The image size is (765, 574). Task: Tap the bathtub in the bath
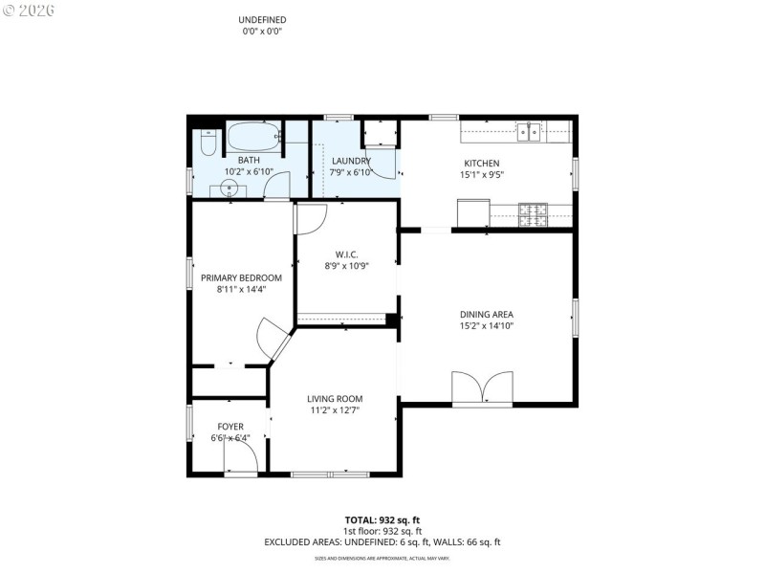(253, 136)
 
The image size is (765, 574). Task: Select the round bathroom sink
(229, 188)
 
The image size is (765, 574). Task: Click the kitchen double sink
(529, 131)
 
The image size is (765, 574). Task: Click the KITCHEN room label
(481, 164)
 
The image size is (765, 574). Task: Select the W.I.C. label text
(345, 254)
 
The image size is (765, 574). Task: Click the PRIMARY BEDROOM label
(241, 277)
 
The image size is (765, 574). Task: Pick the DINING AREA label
(487, 314)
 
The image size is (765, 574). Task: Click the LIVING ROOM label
(335, 399)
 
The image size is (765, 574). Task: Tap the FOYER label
(229, 427)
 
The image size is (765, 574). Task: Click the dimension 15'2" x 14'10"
(487, 326)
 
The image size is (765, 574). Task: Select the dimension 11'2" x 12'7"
(335, 411)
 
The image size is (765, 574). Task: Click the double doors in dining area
(482, 389)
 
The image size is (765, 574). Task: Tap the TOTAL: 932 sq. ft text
(382, 519)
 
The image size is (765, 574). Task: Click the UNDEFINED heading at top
(262, 20)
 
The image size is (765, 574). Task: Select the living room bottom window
(328, 474)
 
